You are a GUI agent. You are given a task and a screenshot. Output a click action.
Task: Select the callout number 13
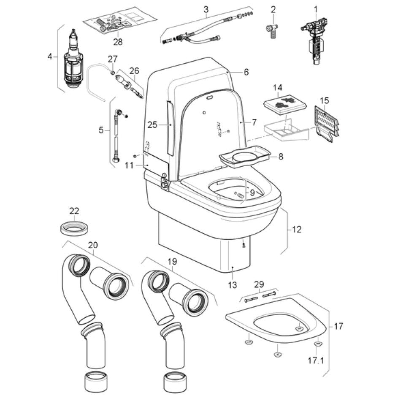click(233, 285)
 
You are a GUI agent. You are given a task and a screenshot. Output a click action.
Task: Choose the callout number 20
click(93, 245)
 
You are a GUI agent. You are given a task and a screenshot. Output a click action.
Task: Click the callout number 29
click(259, 285)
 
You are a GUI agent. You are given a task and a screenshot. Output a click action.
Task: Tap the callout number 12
click(297, 230)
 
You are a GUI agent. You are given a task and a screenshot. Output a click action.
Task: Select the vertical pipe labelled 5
click(116, 135)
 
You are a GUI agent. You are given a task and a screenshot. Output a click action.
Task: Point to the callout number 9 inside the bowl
click(252, 193)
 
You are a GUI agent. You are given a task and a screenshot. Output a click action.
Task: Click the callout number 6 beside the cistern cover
click(246, 72)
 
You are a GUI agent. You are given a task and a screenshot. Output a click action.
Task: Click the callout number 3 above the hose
click(206, 9)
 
